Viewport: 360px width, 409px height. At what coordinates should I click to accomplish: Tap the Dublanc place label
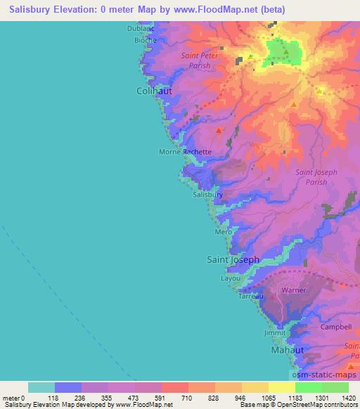coord(140,29)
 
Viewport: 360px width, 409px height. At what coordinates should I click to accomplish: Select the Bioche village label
coord(146,40)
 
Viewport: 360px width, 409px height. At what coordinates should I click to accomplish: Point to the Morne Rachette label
coord(185,151)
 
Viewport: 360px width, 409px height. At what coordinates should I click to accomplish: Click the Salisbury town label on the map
coord(208,195)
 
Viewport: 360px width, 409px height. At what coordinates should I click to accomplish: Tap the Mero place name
coord(224,232)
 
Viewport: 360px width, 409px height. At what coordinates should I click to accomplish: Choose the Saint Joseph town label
coord(233,259)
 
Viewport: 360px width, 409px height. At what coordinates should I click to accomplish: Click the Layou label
coord(231,278)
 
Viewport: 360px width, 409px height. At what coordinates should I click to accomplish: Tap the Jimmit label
coord(274,333)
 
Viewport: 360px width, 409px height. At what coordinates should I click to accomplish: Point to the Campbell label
coord(335,327)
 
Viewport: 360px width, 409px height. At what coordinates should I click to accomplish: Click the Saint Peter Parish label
coord(200,60)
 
